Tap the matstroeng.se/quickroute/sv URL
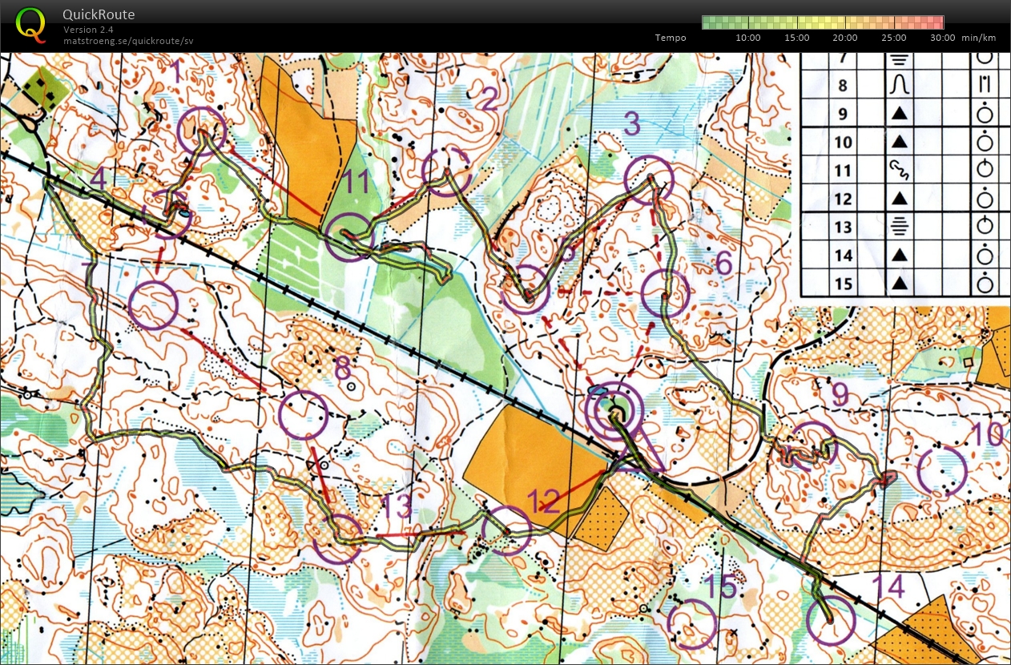click(x=128, y=40)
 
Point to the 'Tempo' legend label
click(x=671, y=38)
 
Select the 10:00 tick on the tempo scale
click(x=747, y=38)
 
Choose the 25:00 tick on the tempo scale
click(x=894, y=38)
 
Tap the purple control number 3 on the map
click(x=632, y=125)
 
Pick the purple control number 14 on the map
click(x=889, y=587)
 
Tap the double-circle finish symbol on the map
click(x=614, y=412)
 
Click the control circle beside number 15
click(x=692, y=624)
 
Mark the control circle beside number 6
click(x=665, y=294)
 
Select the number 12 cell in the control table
click(x=842, y=199)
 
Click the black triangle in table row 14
click(x=899, y=256)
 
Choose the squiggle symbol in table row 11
click(x=899, y=169)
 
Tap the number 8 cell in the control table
click(x=842, y=85)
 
